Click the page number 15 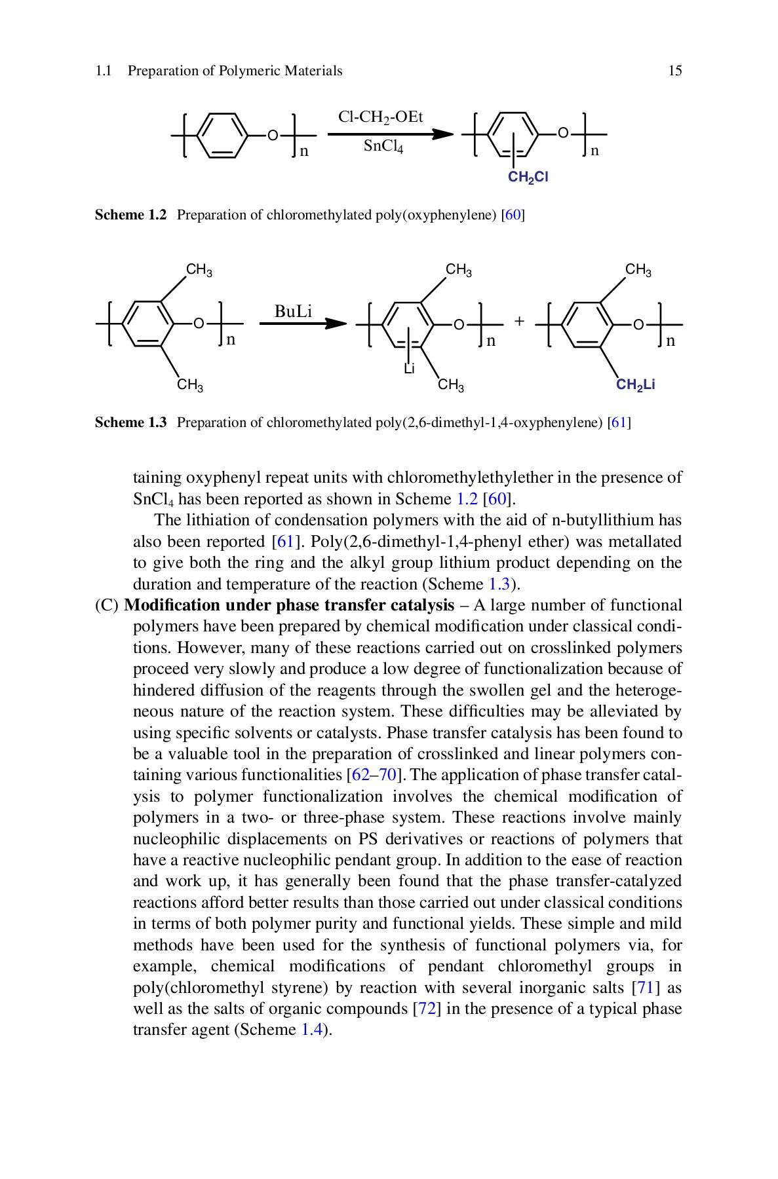pyautogui.click(x=674, y=71)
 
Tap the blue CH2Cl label pyautogui.click(x=528, y=178)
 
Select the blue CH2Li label pyautogui.click(x=635, y=385)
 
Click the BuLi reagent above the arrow pyautogui.click(x=293, y=311)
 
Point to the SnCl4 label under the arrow pyautogui.click(x=383, y=146)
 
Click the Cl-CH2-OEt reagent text pyautogui.click(x=380, y=117)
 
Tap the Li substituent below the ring pyautogui.click(x=409, y=369)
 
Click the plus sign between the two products pyautogui.click(x=519, y=322)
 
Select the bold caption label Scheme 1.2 pyautogui.click(x=131, y=215)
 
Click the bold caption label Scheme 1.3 pyautogui.click(x=131, y=422)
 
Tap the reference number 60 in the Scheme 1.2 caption pyautogui.click(x=513, y=215)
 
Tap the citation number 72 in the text pyautogui.click(x=427, y=1009)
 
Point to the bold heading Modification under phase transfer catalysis pyautogui.click(x=289, y=605)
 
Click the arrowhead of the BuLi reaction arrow pyautogui.click(x=336, y=324)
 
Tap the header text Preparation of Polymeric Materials pyautogui.click(x=235, y=71)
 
